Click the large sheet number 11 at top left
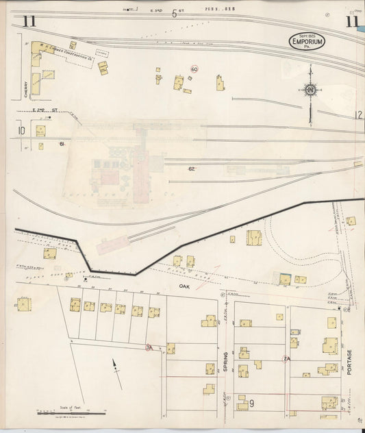click(x=29, y=21)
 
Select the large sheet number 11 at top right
click(x=352, y=21)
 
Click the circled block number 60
click(x=194, y=69)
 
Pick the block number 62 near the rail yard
click(x=192, y=169)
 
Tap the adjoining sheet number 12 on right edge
click(x=358, y=114)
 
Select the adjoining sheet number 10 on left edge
click(x=21, y=129)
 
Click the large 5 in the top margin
click(x=174, y=14)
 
